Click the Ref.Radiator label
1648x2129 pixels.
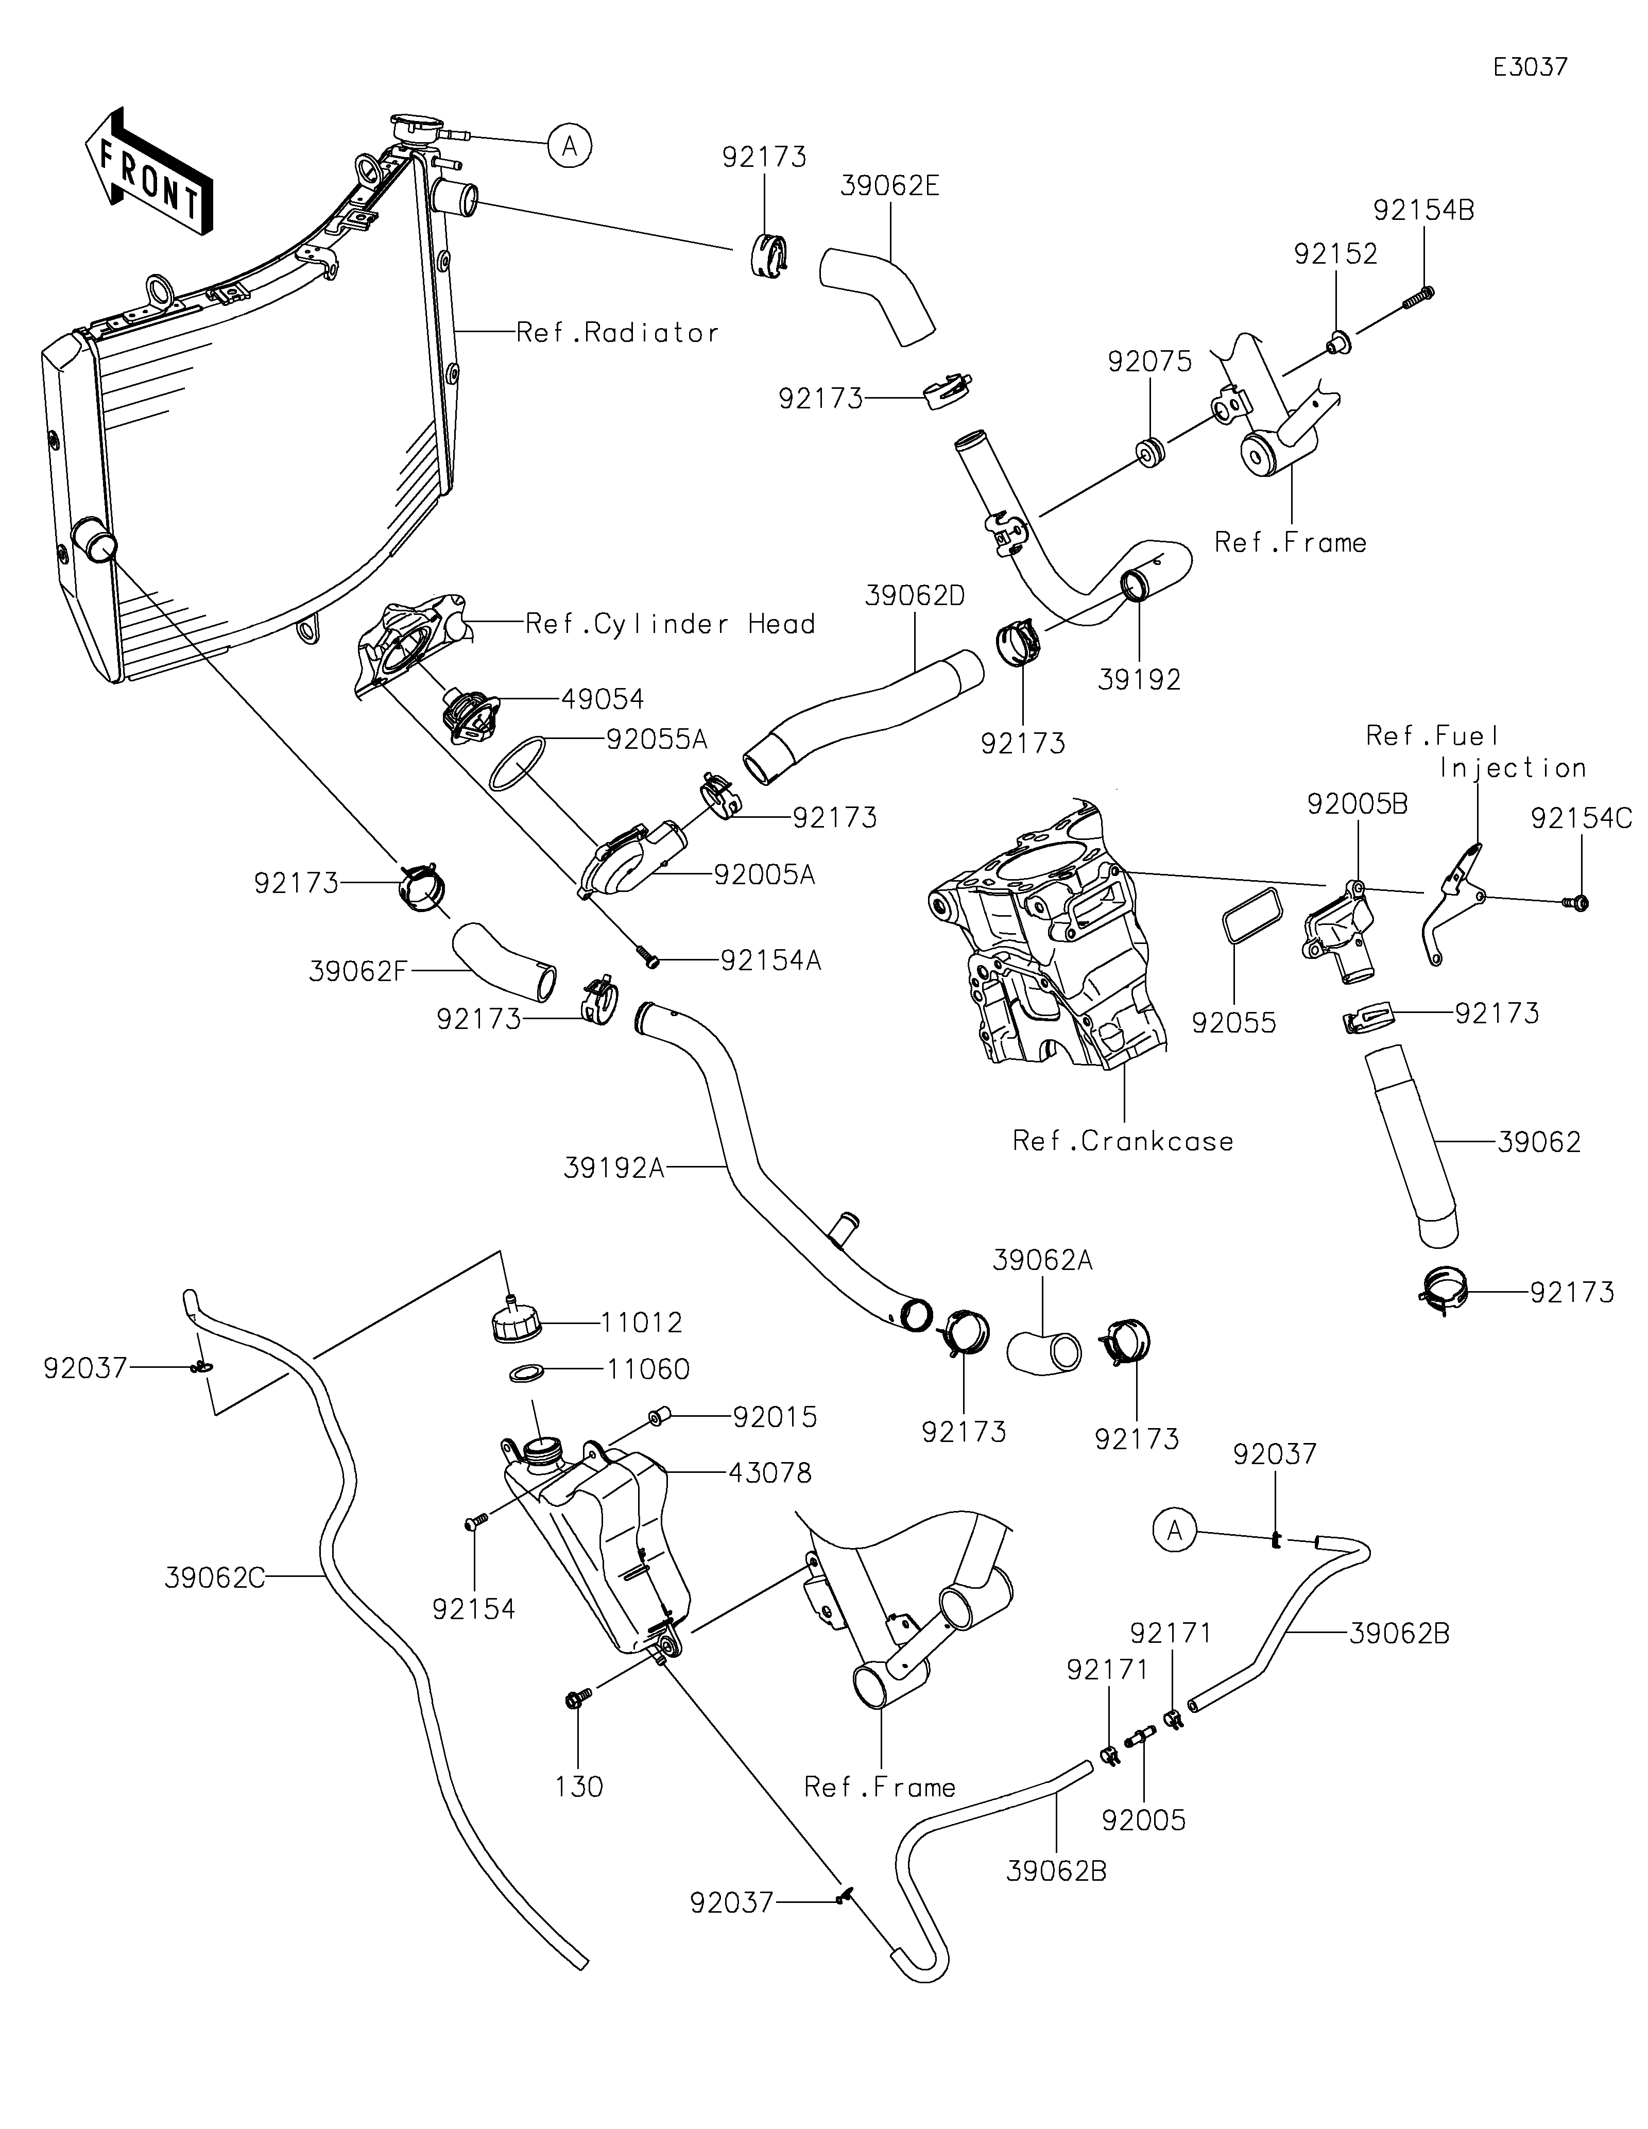[x=617, y=333]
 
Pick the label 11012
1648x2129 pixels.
[x=641, y=1323]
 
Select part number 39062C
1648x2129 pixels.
[x=214, y=1578]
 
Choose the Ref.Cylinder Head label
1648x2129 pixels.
[x=669, y=624]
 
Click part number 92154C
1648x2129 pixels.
[x=1581, y=819]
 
